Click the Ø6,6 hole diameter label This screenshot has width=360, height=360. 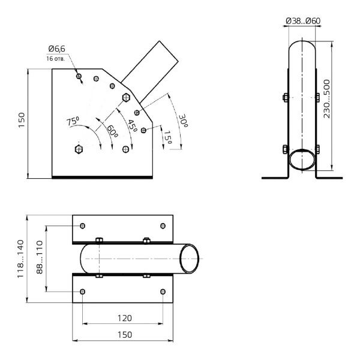coord(56,50)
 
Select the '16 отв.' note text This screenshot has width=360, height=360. coord(56,59)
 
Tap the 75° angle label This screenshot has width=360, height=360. coord(73,121)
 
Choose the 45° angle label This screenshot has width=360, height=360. coord(131,125)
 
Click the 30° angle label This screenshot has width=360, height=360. coord(183,122)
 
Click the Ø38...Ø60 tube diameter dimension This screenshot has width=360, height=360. coord(303,20)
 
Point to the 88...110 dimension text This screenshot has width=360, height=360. coord(40,258)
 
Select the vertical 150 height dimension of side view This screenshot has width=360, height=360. coord(20,124)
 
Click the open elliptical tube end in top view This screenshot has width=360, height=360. coord(191,258)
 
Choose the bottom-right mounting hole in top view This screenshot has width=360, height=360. coord(163,291)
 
